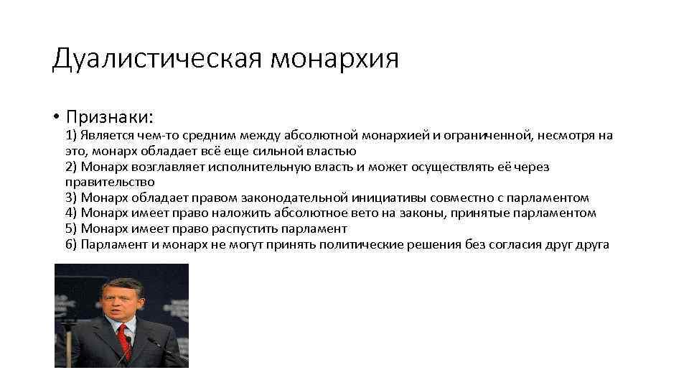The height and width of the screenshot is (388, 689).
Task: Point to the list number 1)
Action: point(71,136)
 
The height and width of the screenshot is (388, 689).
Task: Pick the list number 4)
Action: point(71,213)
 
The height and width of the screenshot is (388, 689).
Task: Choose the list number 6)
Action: point(71,244)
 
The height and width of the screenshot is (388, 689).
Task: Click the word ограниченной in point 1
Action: point(492,136)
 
